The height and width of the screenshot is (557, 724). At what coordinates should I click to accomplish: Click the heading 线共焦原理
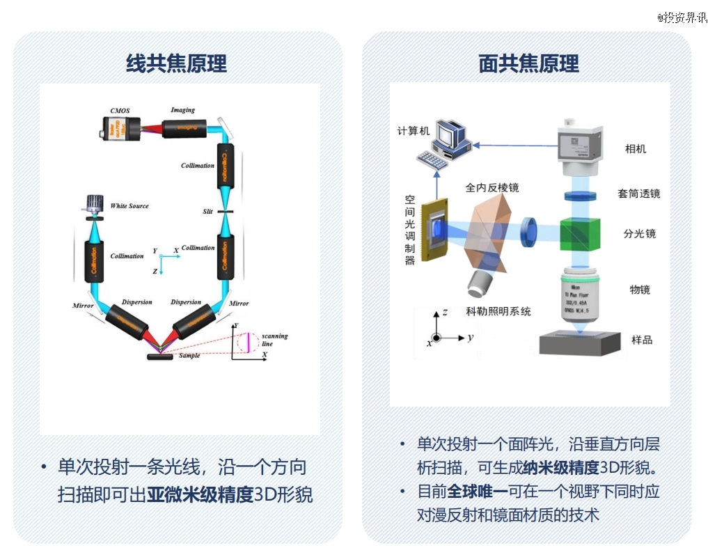176,64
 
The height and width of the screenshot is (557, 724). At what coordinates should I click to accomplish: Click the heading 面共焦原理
529,64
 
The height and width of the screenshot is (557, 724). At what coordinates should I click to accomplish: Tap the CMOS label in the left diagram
120,111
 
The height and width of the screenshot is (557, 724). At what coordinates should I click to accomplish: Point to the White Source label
129,206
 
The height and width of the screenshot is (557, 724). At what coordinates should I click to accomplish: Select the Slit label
208,211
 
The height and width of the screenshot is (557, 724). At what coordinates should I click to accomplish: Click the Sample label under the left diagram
189,356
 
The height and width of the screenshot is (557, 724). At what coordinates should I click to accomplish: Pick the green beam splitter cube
581,233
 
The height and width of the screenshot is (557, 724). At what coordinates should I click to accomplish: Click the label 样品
641,340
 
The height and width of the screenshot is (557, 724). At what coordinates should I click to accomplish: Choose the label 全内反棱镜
492,188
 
